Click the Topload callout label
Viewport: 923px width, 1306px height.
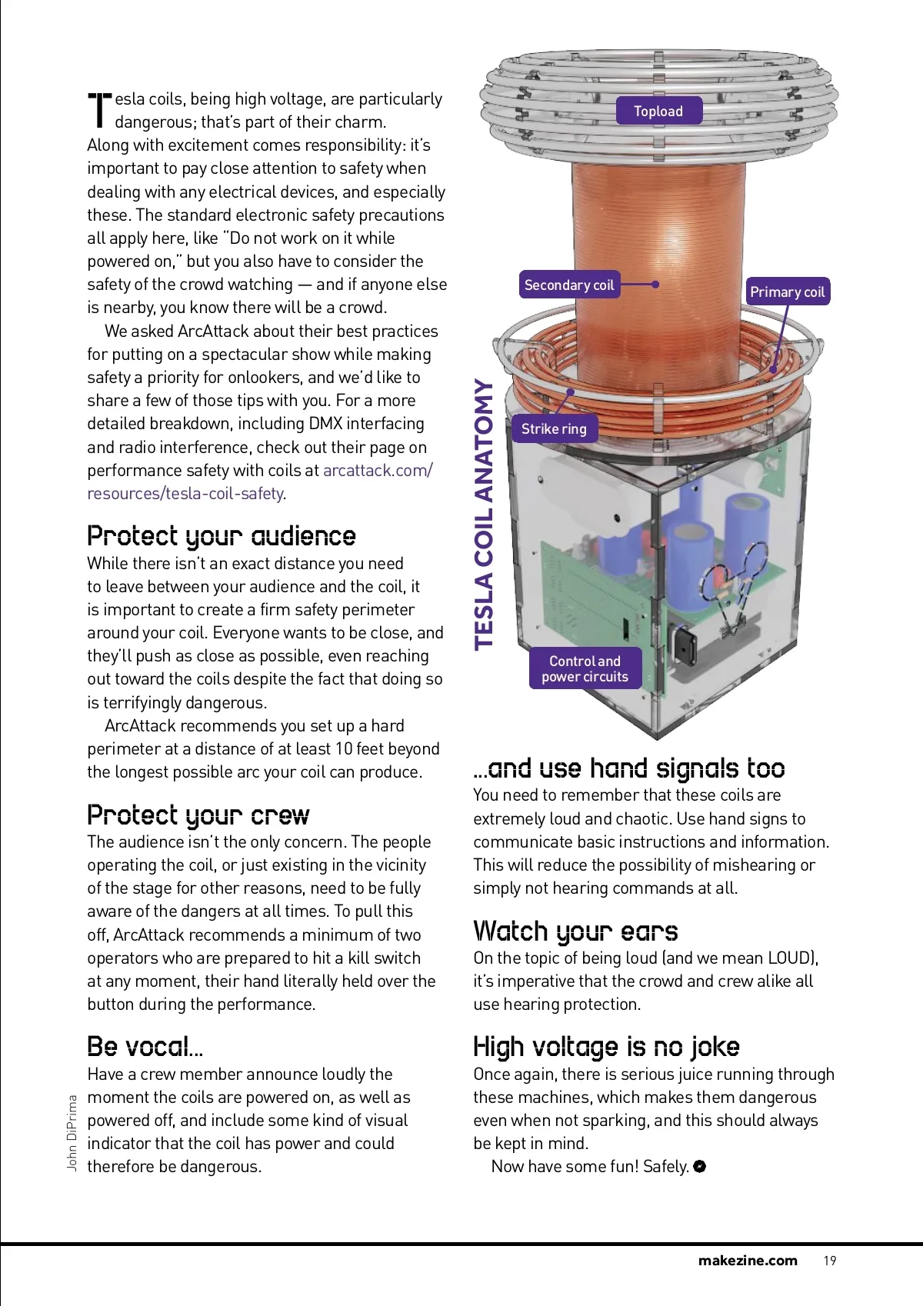659,111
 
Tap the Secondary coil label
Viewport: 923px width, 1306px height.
569,285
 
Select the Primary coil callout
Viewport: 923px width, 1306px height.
787,292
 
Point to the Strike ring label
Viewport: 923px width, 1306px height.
554,428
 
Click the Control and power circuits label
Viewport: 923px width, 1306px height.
585,668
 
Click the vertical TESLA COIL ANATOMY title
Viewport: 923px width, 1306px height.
483,515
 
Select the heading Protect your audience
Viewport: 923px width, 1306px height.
222,536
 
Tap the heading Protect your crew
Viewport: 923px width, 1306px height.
198,815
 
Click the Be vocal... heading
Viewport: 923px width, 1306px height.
145,1047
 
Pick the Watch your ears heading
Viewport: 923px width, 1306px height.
575,931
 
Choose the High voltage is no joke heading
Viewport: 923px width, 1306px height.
606,1047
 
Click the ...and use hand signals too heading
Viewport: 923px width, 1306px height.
629,768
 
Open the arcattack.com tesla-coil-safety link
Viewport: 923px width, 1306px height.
260,481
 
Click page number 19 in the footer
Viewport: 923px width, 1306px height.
830,1261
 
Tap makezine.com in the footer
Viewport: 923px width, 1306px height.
748,1261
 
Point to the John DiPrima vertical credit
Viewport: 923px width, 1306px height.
72,1133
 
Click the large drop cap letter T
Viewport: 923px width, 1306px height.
99,110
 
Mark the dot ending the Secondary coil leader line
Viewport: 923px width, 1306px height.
655,285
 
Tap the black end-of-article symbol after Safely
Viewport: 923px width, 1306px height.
700,1166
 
